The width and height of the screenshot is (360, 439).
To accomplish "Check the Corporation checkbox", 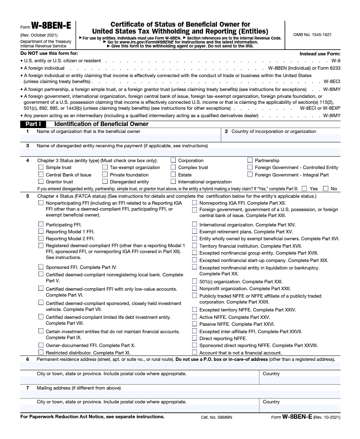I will (x=173, y=160).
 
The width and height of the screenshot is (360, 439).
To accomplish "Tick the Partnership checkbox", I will (x=250, y=160).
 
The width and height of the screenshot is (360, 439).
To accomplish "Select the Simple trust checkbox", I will (x=41, y=168).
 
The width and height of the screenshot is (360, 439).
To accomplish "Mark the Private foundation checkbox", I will (x=105, y=175).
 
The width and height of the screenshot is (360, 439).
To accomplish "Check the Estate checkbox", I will (x=173, y=175).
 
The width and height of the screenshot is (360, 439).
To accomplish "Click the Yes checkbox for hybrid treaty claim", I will (x=304, y=188).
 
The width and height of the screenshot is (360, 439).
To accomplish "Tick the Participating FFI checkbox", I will (x=41, y=224).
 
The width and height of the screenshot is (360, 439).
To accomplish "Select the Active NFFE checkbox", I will (x=195, y=317).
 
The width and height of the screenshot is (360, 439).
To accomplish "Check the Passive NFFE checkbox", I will (x=195, y=324).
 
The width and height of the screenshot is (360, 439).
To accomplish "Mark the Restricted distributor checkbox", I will (x=41, y=352).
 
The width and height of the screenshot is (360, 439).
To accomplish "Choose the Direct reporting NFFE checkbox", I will (x=195, y=338).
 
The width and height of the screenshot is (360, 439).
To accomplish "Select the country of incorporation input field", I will (x=281, y=138).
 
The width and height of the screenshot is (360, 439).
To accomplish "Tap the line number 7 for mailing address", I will (x=27, y=388).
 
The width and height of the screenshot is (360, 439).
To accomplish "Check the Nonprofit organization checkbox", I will (x=195, y=289).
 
